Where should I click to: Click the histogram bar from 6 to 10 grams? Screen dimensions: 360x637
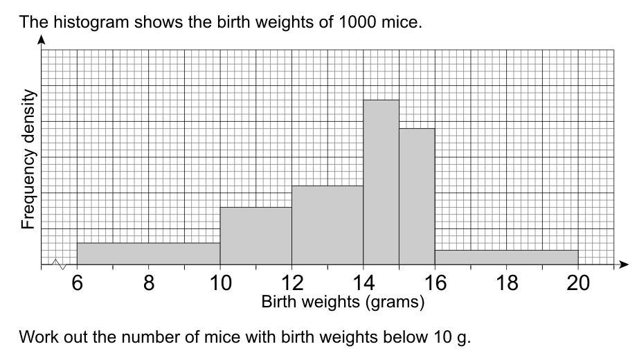pyautogui.click(x=148, y=253)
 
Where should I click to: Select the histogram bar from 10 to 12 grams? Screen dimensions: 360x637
pyautogui.click(x=255, y=235)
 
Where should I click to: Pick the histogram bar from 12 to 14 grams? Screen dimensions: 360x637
pyautogui.click(x=328, y=225)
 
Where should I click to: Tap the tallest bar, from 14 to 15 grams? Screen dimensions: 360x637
pyautogui.click(x=381, y=182)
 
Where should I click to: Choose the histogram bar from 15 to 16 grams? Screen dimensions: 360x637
pyautogui.click(x=417, y=197)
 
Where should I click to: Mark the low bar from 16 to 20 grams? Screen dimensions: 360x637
pyautogui.click(x=506, y=257)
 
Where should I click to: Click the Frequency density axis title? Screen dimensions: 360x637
pyautogui.click(x=28, y=159)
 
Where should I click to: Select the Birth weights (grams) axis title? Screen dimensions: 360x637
pyautogui.click(x=343, y=302)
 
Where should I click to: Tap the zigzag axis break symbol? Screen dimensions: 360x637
pyautogui.click(x=58, y=264)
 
